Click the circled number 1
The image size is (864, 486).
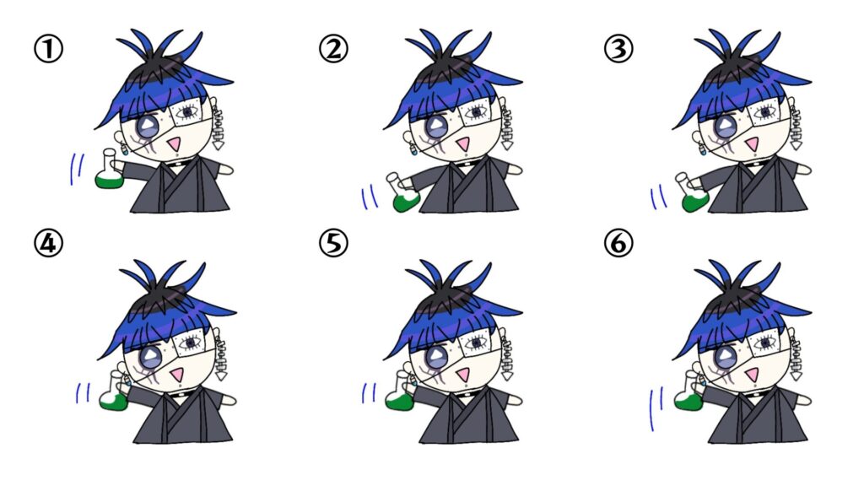click(x=48, y=49)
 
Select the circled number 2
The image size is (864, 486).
click(x=333, y=49)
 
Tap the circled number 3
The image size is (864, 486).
click(x=618, y=49)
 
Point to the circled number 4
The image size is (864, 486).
click(x=48, y=243)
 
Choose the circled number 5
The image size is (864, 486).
click(x=333, y=243)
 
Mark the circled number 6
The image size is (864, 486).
click(x=618, y=243)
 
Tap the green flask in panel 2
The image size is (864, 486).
click(x=404, y=194)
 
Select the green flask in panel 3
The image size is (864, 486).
click(x=694, y=194)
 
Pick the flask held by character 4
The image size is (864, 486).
click(x=115, y=392)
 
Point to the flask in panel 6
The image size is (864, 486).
click(x=689, y=392)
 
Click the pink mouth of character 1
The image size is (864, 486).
click(x=174, y=145)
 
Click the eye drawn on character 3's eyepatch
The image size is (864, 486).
click(x=764, y=113)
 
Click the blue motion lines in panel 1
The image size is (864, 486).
click(x=77, y=169)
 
